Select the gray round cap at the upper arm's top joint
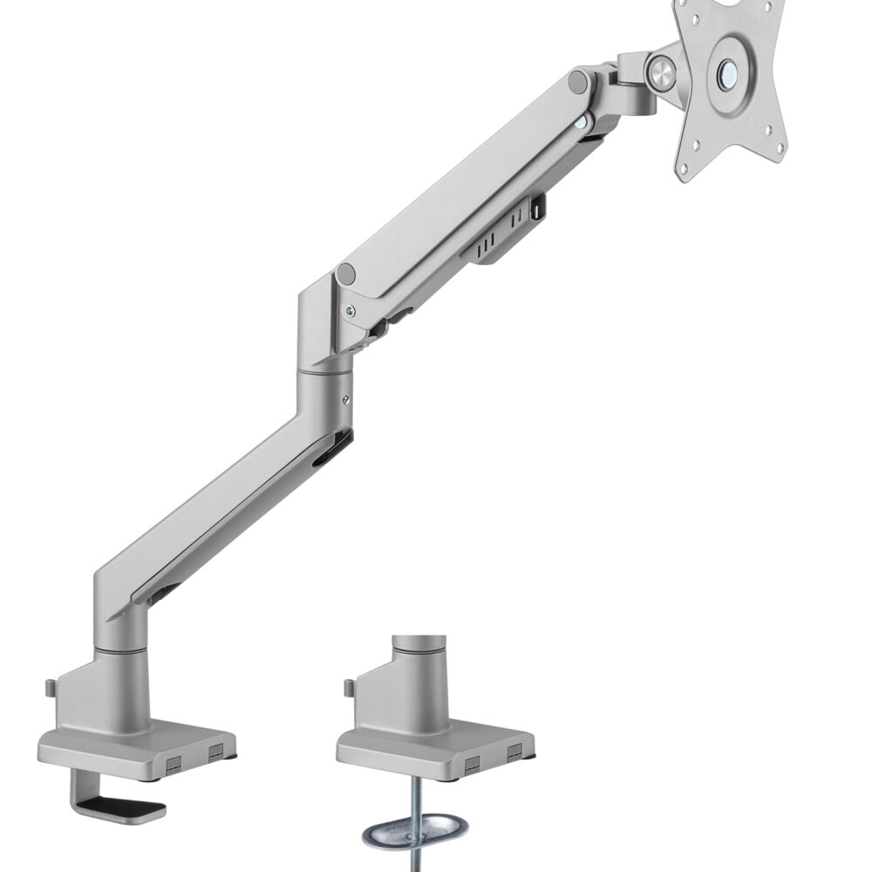pyautogui.click(x=576, y=82)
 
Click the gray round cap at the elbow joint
pyautogui.click(x=346, y=275)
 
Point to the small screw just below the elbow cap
pyautogui.click(x=350, y=308)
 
